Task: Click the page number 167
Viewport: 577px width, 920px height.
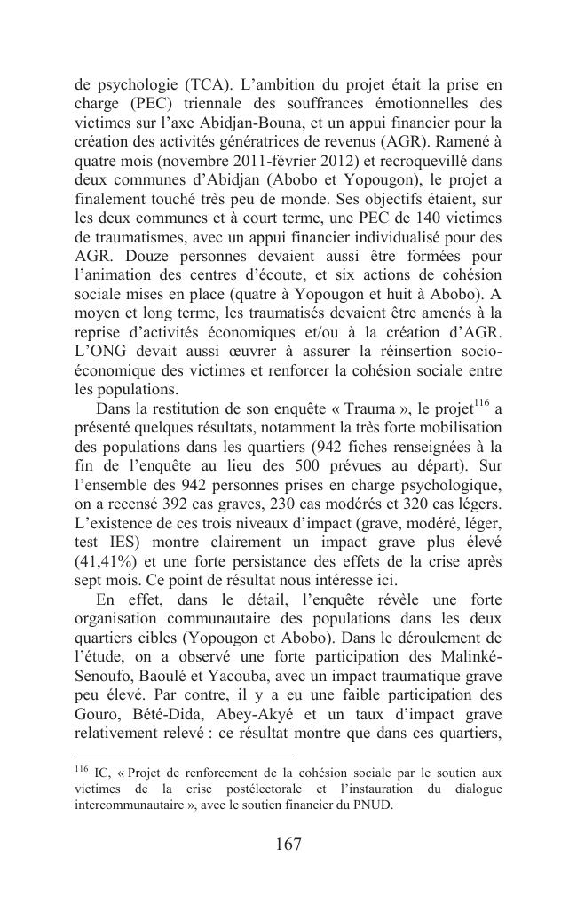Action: (x=288, y=845)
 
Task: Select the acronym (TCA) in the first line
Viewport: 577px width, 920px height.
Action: (x=209, y=85)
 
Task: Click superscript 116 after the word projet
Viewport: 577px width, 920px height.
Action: (x=481, y=403)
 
